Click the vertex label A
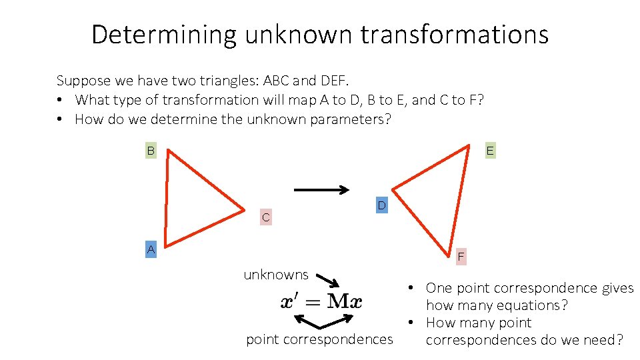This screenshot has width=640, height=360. [151, 250]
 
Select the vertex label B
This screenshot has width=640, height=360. [151, 151]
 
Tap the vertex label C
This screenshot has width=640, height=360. [266, 217]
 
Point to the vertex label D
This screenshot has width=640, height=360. [381, 206]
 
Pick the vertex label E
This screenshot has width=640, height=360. [490, 151]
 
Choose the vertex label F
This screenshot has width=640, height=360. [461, 257]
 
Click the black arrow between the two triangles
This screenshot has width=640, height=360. [321, 190]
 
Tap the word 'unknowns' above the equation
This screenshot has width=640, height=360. [276, 275]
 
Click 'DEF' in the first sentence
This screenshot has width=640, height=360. [333, 81]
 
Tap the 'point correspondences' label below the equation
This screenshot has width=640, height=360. [319, 339]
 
